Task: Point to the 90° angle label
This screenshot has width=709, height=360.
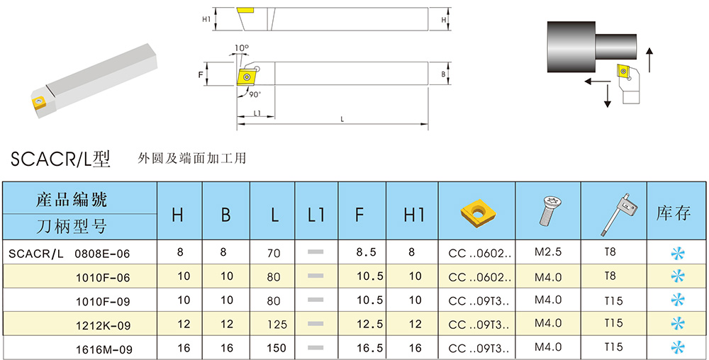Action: click(255, 94)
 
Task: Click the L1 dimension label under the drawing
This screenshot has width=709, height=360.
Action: click(257, 113)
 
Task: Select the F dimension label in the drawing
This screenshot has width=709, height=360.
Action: click(201, 74)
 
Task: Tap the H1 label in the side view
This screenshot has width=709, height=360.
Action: click(206, 19)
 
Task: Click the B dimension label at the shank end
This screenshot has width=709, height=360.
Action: click(443, 74)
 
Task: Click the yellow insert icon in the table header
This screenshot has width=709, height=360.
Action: click(477, 210)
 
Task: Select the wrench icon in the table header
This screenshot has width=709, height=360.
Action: click(614, 213)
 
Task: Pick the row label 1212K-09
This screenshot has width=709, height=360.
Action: click(104, 324)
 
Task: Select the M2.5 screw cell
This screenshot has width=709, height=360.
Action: click(547, 252)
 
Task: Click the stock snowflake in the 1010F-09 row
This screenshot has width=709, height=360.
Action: click(678, 300)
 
